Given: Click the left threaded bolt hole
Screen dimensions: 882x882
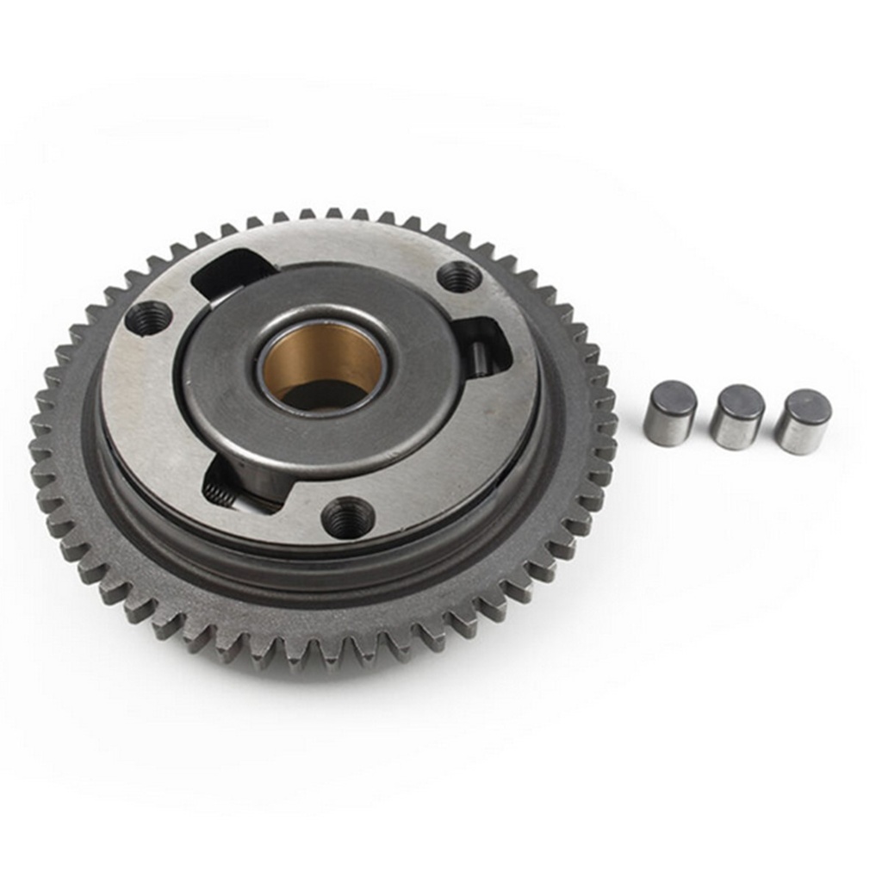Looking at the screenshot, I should click(148, 318).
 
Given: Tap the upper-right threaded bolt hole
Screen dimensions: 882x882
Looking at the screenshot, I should click(458, 276).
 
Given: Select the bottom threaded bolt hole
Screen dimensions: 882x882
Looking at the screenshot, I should click(347, 518).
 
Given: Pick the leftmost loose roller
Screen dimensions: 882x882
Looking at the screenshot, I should click(669, 413).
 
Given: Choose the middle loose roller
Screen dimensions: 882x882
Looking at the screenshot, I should click(736, 417).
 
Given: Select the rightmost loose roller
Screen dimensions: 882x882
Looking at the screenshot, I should click(802, 421).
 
